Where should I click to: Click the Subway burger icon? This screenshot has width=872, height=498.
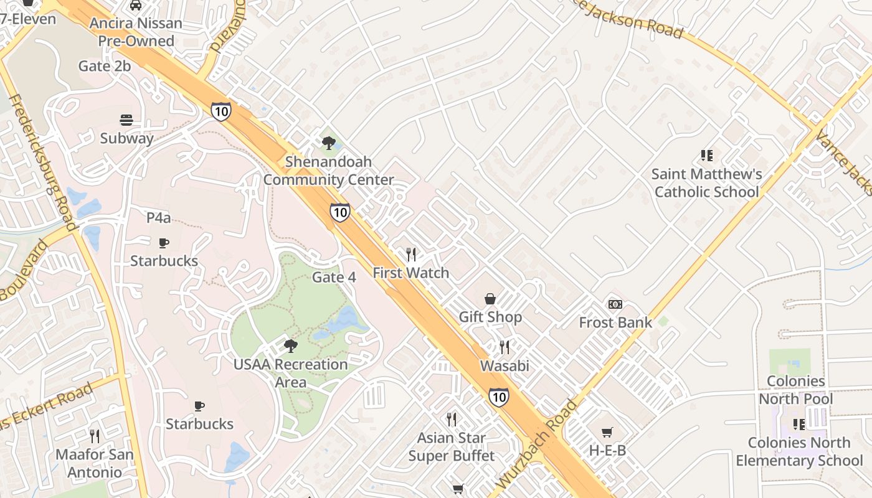coord(126,120)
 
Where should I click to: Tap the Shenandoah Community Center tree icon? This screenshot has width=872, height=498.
coord(328,143)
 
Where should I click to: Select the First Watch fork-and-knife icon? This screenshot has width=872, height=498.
coord(411,254)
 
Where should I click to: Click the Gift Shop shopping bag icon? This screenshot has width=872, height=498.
coord(491,299)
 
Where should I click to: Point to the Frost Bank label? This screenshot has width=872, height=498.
coord(615,322)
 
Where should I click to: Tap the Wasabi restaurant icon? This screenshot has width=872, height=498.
coord(505,347)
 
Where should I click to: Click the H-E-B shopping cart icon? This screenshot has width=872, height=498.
coord(607,432)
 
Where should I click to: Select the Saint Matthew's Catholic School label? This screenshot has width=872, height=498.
coord(706,183)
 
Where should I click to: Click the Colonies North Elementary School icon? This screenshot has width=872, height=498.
coord(799,425)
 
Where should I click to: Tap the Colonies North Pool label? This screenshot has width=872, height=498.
coord(796,390)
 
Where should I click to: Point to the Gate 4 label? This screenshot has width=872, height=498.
coord(334,277)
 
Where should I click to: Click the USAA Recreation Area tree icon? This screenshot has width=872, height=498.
coord(290,346)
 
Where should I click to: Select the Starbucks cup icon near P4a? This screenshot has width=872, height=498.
coord(164,243)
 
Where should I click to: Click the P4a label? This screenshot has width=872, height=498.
coord(158,218)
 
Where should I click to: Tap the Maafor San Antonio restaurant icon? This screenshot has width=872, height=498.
coord(95,436)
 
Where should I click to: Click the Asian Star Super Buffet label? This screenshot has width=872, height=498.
coord(452,447)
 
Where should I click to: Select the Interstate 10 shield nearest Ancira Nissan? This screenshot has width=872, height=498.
coord(220,111)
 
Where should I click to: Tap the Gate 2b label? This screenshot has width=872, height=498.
coord(105,66)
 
